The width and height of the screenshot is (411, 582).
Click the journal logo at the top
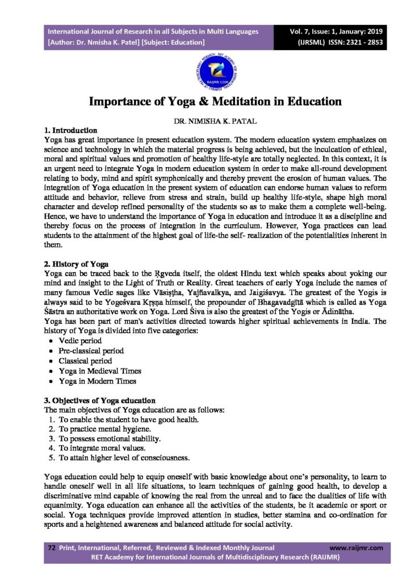(x=205, y=73)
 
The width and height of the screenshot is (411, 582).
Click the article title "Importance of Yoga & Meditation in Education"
(x=205, y=102)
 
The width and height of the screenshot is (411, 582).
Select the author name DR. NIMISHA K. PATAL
(x=205, y=122)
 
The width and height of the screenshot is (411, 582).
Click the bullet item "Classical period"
(x=85, y=361)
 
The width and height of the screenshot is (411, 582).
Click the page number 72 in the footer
(x=51, y=548)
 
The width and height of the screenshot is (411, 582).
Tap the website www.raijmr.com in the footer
(x=356, y=548)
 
